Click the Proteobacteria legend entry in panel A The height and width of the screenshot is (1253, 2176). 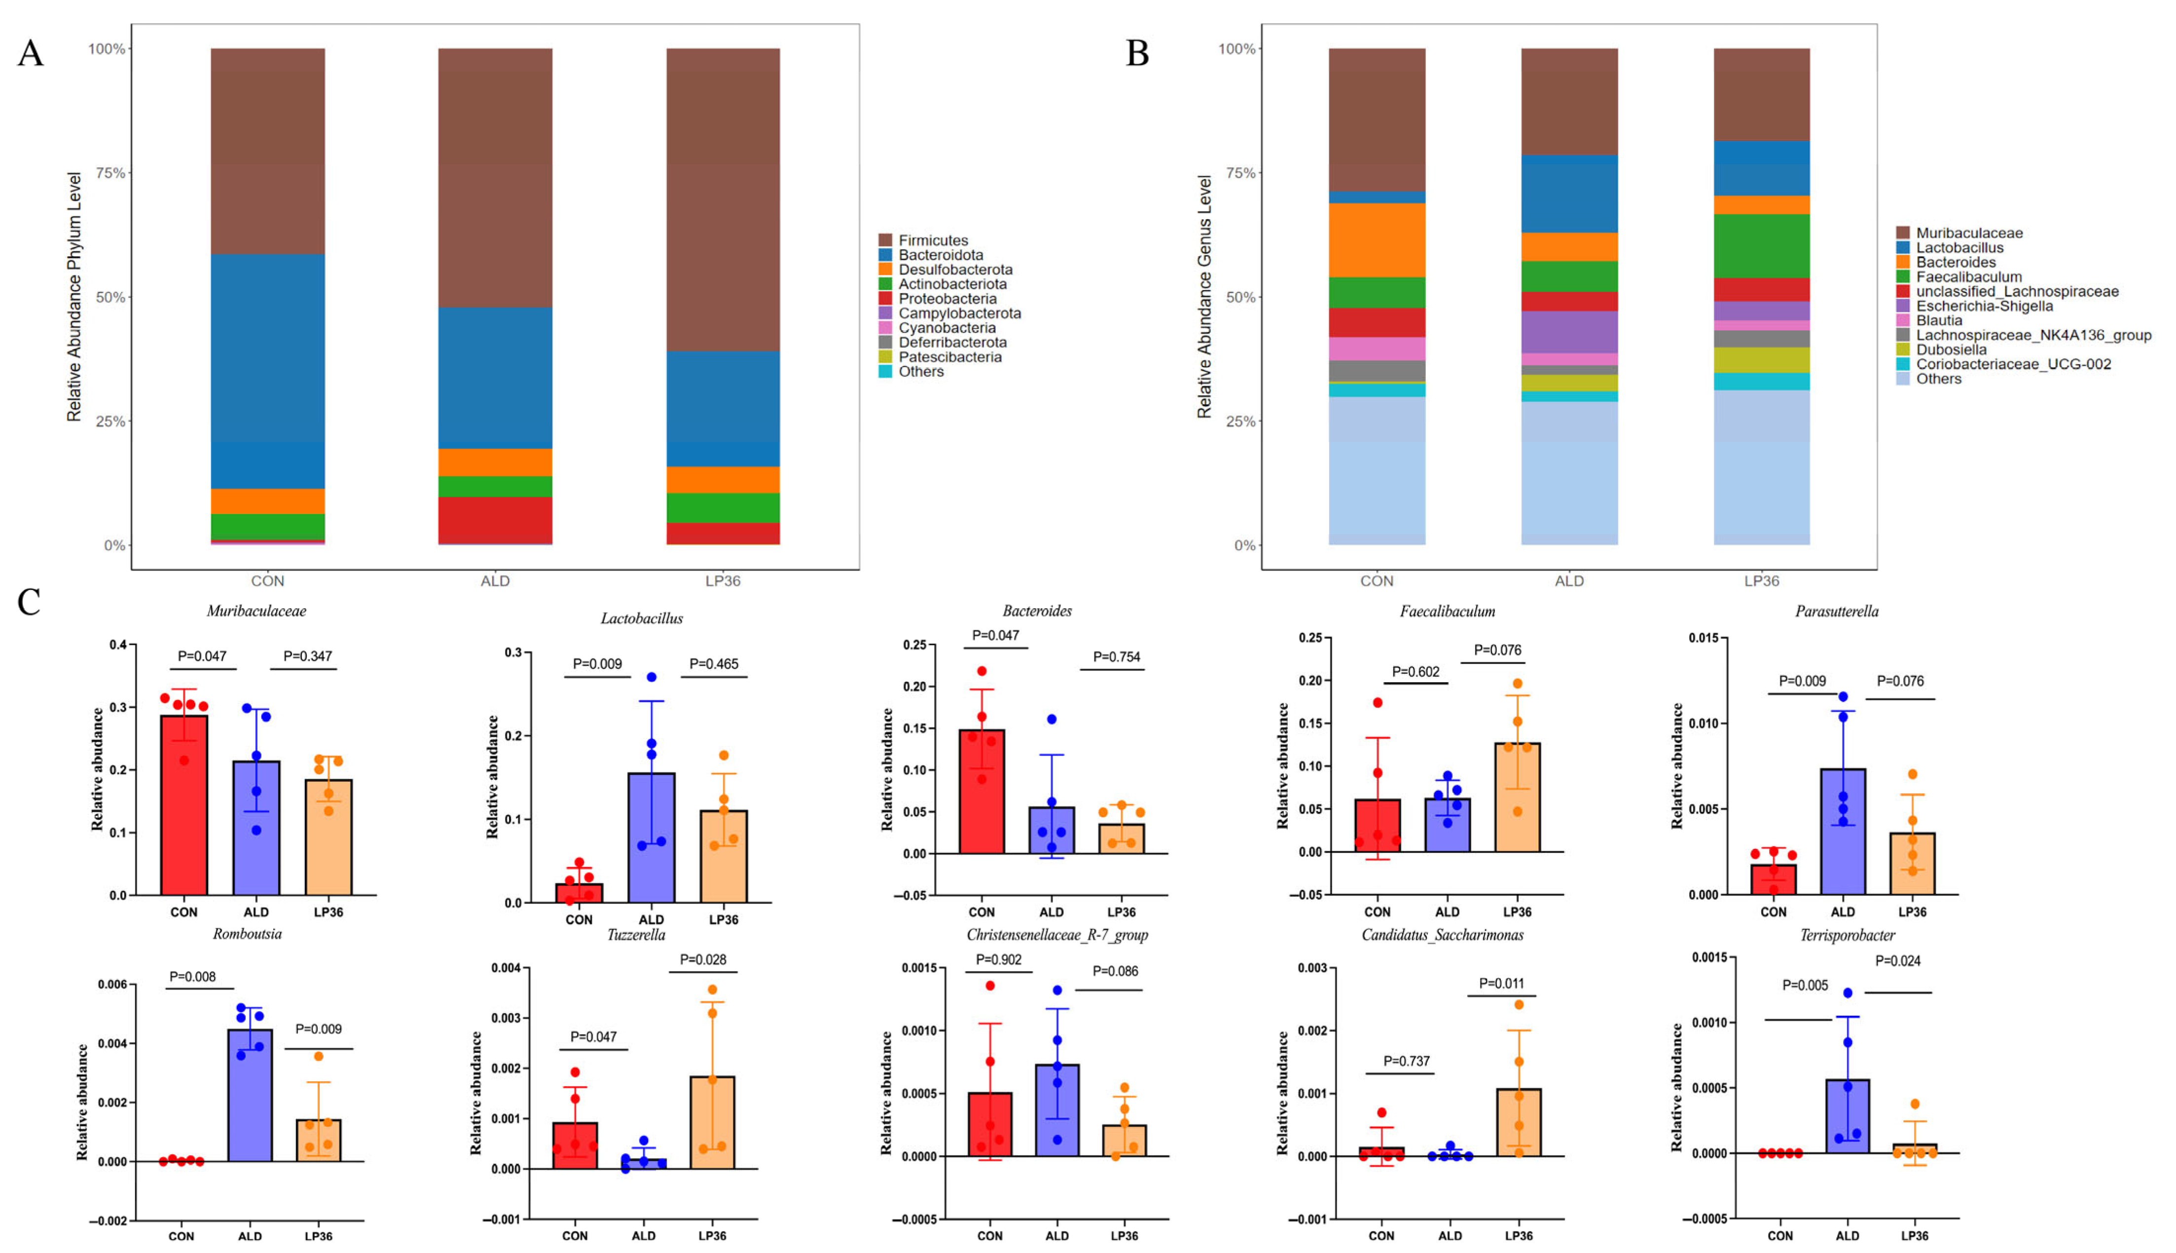click(946, 298)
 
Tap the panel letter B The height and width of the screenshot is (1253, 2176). click(1137, 53)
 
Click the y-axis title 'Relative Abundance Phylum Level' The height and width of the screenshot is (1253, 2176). click(75, 297)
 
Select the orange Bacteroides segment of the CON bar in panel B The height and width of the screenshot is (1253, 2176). click(1377, 240)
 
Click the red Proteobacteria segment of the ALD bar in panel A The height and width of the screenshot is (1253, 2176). click(495, 520)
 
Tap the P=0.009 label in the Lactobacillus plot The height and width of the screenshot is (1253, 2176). click(597, 663)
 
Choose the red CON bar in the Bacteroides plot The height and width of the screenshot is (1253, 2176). click(982, 792)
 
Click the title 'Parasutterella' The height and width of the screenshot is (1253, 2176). click(1836, 612)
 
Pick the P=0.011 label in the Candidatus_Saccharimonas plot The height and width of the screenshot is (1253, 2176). click(1501, 983)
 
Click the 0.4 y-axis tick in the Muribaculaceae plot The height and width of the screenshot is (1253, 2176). click(118, 645)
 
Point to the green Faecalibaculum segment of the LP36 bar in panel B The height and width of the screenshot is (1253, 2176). click(1761, 246)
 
